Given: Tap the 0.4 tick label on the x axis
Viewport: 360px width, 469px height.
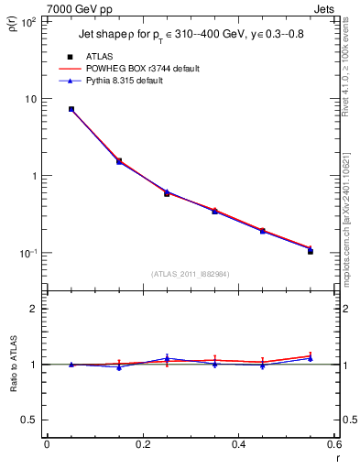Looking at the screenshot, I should [x=239, y=444].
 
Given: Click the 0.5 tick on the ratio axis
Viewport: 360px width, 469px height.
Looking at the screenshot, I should [x=30, y=420].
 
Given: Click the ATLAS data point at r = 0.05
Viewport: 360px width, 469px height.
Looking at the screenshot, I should [x=71, y=109].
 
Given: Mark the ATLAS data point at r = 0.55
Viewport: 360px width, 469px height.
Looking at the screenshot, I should [x=311, y=250].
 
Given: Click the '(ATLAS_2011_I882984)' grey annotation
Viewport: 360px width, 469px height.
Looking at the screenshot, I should [x=191, y=273].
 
